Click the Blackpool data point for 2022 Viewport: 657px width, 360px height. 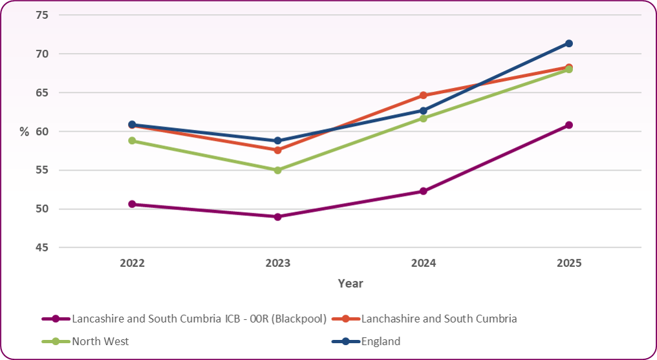[x=132, y=204]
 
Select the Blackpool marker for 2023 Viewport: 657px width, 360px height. [x=277, y=217]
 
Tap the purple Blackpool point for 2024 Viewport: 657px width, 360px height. [x=424, y=191]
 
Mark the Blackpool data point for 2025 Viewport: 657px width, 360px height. [x=569, y=125]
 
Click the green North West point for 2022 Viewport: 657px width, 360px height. [x=132, y=140]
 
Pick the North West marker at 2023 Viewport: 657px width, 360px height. [x=277, y=170]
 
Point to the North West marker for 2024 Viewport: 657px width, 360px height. [x=424, y=118]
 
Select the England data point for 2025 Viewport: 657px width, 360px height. [x=569, y=43]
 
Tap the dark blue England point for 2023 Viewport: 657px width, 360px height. [x=277, y=140]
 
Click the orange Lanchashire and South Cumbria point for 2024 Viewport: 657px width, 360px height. [x=424, y=95]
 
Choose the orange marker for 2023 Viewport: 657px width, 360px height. [x=277, y=150]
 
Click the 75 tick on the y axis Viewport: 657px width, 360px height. [x=41, y=15]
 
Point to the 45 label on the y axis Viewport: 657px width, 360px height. [x=41, y=248]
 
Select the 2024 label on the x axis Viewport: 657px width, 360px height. [x=424, y=263]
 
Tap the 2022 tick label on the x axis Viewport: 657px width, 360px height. [x=132, y=263]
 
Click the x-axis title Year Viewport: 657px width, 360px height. [x=350, y=284]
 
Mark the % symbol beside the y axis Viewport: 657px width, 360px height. [x=24, y=132]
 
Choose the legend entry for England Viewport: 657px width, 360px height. [x=381, y=341]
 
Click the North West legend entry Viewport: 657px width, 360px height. [x=100, y=341]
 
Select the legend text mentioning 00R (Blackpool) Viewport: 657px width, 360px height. [x=199, y=319]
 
